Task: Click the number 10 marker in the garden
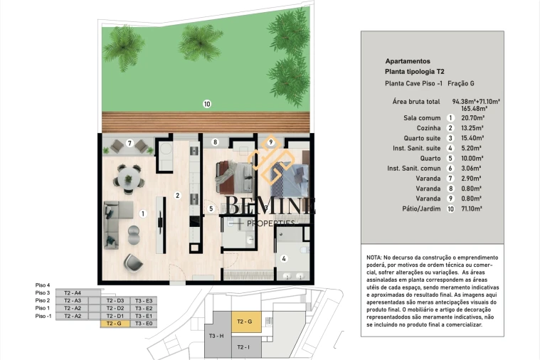click(x=207, y=104)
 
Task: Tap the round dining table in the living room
click(x=129, y=175)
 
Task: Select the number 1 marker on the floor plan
click(x=143, y=213)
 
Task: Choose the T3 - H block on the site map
click(x=217, y=336)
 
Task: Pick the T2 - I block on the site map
click(x=243, y=346)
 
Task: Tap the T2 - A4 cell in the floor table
click(x=73, y=292)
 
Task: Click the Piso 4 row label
click(x=43, y=285)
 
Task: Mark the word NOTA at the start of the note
click(x=375, y=256)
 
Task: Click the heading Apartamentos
click(x=407, y=61)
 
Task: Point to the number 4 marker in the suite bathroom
click(x=284, y=259)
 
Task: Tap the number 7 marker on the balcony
click(x=129, y=143)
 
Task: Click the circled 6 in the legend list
click(x=450, y=169)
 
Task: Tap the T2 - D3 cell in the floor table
click(x=115, y=300)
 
